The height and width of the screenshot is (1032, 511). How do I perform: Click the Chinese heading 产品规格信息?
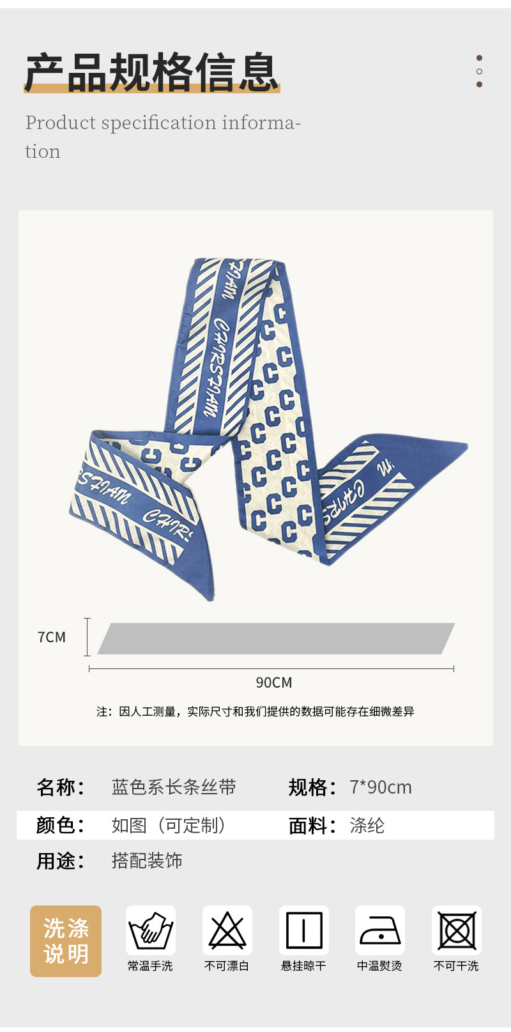(x=151, y=72)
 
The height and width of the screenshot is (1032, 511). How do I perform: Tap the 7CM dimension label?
(x=52, y=637)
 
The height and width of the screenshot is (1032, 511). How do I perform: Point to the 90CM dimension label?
(x=274, y=682)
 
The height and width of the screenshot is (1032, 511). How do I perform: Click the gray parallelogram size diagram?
(x=276, y=638)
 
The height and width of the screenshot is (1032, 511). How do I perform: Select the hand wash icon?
(x=151, y=930)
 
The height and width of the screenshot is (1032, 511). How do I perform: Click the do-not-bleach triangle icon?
(x=227, y=930)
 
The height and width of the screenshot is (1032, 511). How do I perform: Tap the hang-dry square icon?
(x=304, y=930)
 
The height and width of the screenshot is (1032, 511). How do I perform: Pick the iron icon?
(x=380, y=930)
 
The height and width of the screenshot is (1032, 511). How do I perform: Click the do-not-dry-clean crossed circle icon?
(x=457, y=930)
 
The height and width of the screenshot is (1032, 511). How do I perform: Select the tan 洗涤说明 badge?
(x=66, y=941)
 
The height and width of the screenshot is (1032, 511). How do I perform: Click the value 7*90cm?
(x=381, y=787)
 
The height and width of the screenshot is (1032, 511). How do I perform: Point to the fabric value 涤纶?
(x=367, y=826)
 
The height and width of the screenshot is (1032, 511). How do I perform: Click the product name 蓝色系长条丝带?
(x=174, y=787)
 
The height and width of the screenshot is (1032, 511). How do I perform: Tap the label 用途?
(x=60, y=861)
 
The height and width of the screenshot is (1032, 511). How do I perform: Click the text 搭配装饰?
(x=147, y=861)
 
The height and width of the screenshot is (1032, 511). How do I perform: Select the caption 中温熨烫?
(x=380, y=966)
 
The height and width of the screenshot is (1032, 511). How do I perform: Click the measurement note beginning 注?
(x=256, y=711)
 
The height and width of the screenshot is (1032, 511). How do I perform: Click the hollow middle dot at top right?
(x=479, y=72)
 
